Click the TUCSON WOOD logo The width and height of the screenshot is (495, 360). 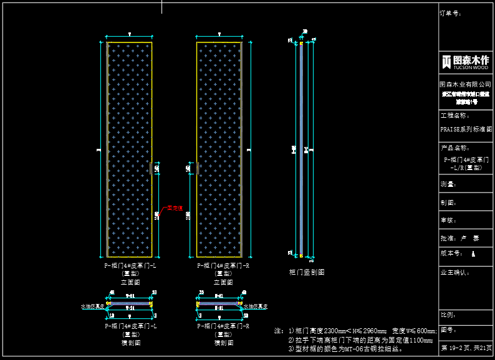[x=466, y=61]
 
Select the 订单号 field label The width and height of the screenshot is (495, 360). [x=451, y=12]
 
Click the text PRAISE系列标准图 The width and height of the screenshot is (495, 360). [x=466, y=130]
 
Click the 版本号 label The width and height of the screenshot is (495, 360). [x=452, y=253]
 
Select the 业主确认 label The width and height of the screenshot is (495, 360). [x=455, y=272]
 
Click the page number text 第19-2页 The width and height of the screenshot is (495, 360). [x=453, y=348]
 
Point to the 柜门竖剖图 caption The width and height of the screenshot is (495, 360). [x=307, y=272]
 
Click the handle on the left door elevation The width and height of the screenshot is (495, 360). [x=151, y=168]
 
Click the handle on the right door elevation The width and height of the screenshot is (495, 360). [x=198, y=168]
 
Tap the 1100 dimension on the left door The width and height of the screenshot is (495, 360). [x=157, y=215]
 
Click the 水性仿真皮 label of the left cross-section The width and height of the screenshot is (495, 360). [x=92, y=306]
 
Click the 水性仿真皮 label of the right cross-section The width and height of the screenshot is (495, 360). [x=256, y=306]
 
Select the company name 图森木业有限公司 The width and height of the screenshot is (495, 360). [x=466, y=83]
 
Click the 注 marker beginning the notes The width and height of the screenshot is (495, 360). [x=278, y=331]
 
